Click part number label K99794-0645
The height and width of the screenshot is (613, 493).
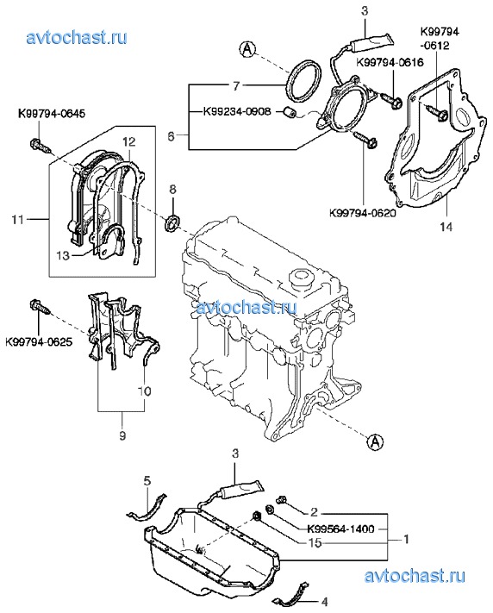[x=52, y=114]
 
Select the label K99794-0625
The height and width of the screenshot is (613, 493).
[x=39, y=342]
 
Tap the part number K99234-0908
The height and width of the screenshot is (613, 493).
[x=237, y=111]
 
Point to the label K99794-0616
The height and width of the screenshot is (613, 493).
[x=390, y=62]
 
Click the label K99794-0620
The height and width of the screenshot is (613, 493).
[x=363, y=213]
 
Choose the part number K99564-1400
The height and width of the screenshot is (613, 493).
[x=341, y=529]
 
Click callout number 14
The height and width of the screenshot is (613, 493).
[x=446, y=227]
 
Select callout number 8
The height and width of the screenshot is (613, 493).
[x=172, y=190]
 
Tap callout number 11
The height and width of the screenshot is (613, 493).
[x=18, y=220]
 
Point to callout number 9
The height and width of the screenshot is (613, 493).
[x=122, y=435]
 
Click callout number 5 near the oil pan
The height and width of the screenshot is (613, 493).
[x=147, y=480]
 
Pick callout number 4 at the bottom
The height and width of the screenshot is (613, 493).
[x=324, y=601]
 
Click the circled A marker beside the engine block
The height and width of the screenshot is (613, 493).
[x=375, y=441]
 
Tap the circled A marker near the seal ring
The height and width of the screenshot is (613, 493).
[x=247, y=49]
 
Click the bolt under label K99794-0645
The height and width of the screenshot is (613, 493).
[x=41, y=147]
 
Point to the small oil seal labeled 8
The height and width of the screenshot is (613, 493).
[x=172, y=222]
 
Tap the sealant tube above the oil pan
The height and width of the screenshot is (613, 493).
[x=242, y=491]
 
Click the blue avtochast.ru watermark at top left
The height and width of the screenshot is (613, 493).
[x=77, y=38]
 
